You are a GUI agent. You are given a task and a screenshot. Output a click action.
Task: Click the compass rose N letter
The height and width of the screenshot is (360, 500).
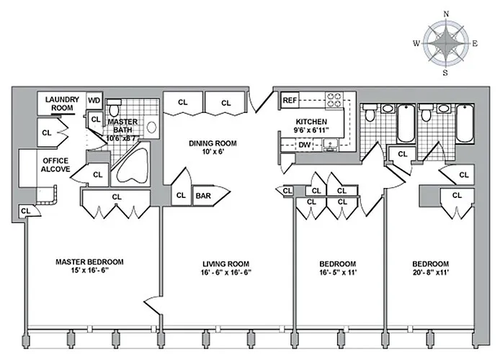click(446, 14)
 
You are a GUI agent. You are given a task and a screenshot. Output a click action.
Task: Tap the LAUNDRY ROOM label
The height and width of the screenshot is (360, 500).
click(62, 104)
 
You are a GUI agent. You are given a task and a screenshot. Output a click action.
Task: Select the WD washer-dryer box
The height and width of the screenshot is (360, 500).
click(94, 101)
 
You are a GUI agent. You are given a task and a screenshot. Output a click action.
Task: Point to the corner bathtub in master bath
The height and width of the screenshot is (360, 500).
click(133, 168)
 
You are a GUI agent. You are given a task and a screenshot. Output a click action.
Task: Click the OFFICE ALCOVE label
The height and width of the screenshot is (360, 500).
click(55, 164)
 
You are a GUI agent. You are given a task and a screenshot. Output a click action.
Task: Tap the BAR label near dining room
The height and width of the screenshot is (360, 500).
click(203, 195)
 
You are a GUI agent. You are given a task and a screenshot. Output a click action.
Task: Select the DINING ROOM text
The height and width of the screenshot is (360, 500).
click(213, 143)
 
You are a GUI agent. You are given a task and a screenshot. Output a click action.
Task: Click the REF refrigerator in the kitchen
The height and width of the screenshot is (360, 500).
click(290, 100)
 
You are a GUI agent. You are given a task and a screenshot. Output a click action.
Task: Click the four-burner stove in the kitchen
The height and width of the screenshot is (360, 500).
click(336, 99)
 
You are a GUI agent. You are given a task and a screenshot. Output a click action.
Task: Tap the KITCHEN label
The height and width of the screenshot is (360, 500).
click(312, 122)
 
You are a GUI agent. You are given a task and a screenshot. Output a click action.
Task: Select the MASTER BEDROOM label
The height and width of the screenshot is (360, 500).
click(89, 261)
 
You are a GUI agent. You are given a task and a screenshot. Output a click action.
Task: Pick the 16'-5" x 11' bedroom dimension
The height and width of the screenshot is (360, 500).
click(337, 273)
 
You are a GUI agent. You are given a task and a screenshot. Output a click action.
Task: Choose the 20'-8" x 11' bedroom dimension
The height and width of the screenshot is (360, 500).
click(429, 273)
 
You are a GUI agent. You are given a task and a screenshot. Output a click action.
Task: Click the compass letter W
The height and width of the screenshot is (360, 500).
click(416, 43)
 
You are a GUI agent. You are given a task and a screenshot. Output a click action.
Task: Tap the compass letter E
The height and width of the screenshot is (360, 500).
click(475, 43)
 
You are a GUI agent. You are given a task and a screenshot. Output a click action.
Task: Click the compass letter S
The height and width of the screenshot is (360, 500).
click(446, 72)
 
